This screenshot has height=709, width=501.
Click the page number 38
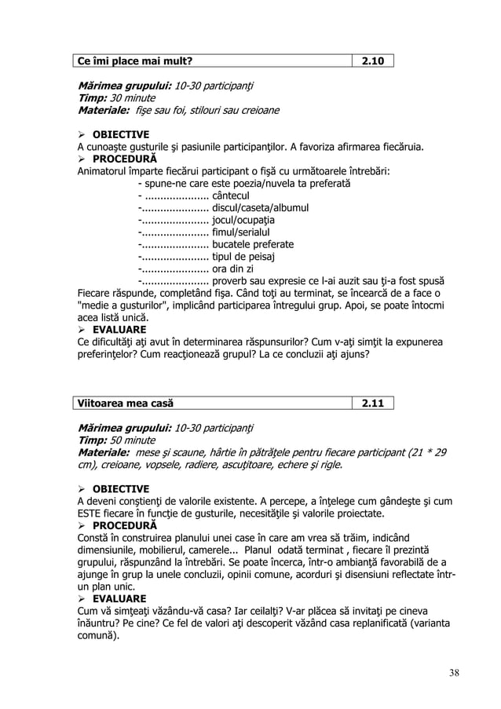tap(455, 672)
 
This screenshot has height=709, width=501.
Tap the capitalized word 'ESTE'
tap(90, 514)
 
